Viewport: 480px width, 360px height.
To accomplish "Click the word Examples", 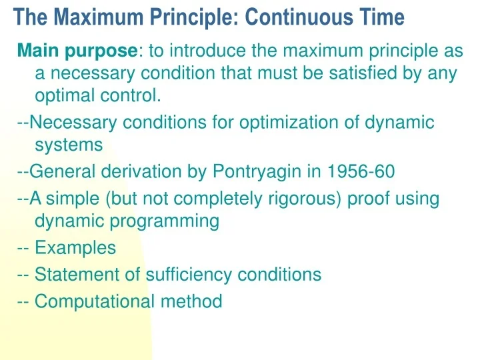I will [75, 248].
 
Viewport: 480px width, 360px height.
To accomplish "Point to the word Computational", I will [95, 301].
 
